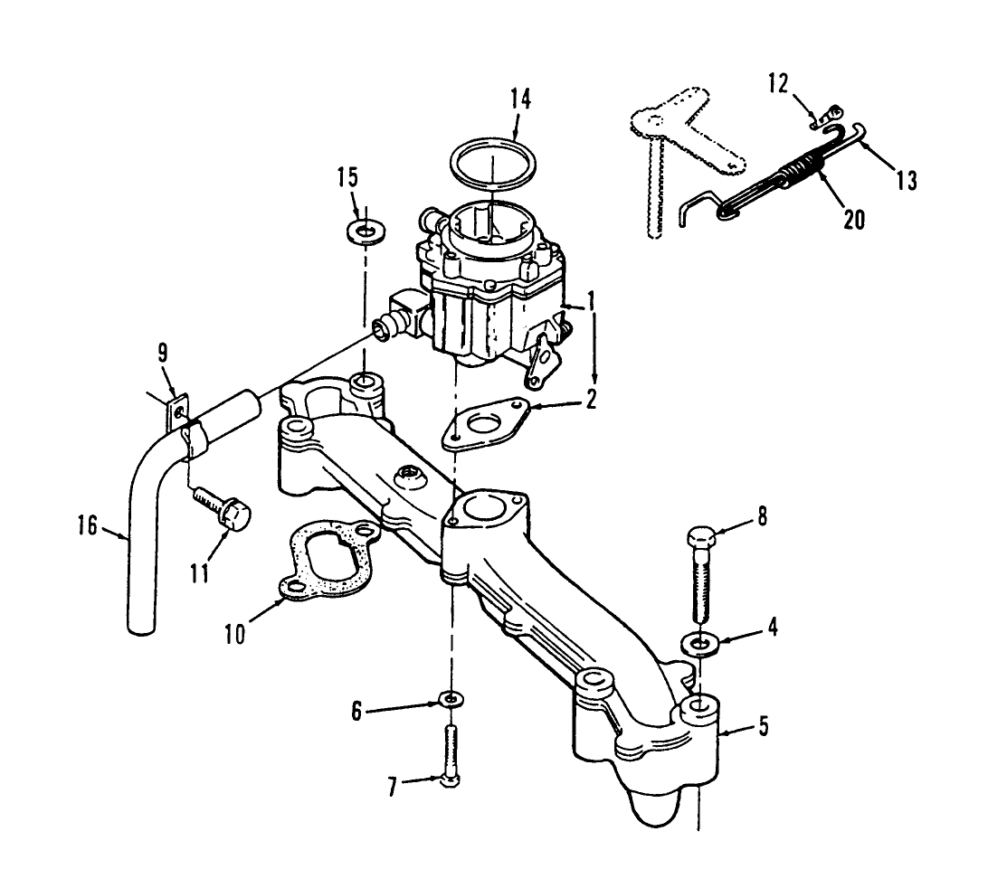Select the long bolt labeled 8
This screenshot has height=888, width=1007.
(703, 570)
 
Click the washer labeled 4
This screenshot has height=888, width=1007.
(701, 643)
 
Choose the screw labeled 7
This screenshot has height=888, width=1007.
(451, 755)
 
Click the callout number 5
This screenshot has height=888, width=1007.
(765, 724)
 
